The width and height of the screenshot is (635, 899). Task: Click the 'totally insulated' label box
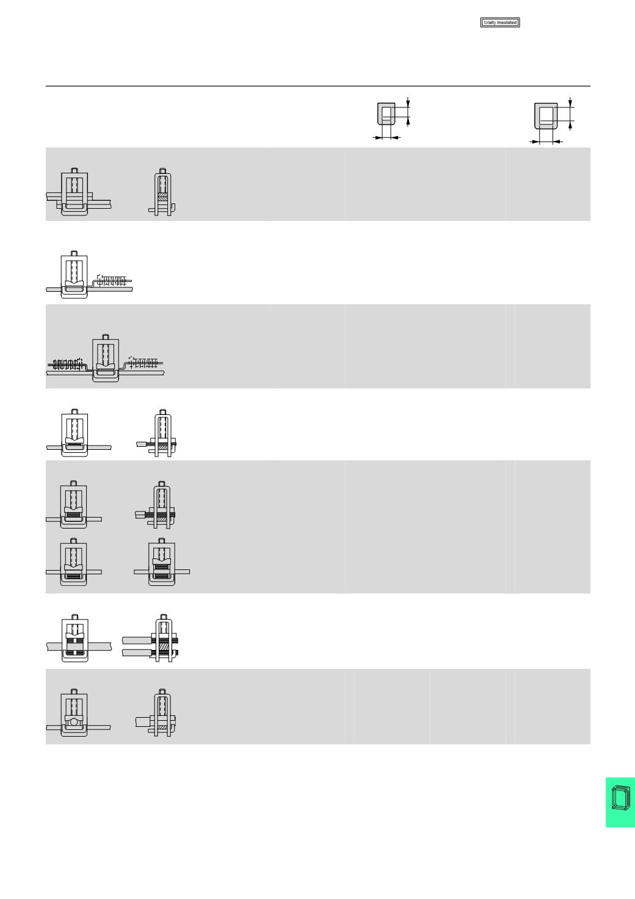[499, 23]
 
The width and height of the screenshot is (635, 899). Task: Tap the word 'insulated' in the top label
[507, 23]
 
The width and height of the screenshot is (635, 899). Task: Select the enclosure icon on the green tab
[620, 798]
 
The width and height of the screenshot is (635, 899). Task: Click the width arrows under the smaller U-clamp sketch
[386, 138]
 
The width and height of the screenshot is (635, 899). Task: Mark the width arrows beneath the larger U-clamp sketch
[546, 142]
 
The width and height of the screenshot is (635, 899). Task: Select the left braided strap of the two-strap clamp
[67, 364]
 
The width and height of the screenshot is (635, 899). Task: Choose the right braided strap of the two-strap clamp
[145, 362]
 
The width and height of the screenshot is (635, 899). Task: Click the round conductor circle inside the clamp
[73, 722]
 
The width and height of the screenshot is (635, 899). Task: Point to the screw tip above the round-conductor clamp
[74, 691]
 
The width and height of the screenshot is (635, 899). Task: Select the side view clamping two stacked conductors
[151, 638]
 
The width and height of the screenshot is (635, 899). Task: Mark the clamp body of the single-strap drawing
[74, 275]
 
